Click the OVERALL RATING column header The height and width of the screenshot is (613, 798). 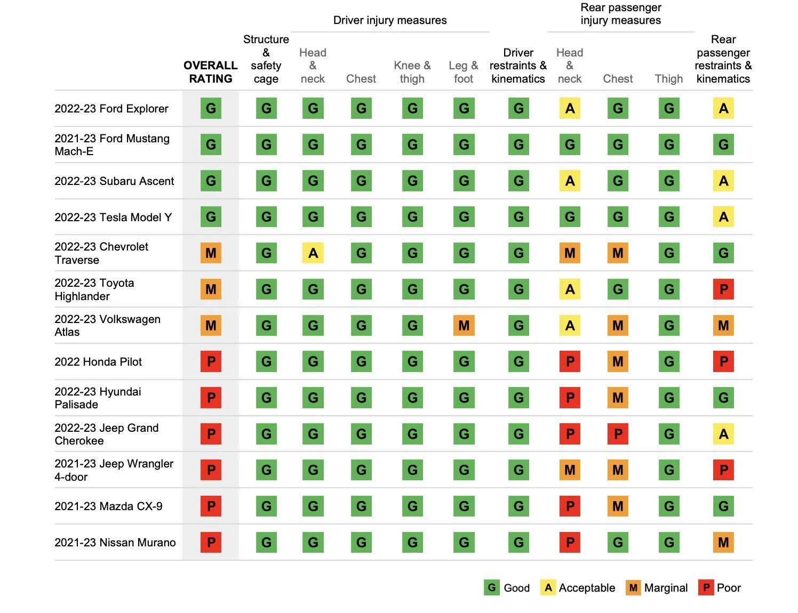pos(210,72)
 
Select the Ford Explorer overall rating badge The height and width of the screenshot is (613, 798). pos(211,108)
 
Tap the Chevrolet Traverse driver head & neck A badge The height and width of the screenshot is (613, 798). pos(313,253)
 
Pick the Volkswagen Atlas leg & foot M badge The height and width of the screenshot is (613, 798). pos(464,325)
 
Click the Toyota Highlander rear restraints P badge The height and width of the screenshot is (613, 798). pos(723,289)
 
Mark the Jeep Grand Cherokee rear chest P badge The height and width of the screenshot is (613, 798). pos(618,434)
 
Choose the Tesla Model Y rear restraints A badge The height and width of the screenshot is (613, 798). pos(723,216)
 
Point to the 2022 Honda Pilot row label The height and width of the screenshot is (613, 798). pos(98,362)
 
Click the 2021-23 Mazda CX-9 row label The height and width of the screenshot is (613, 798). pos(108,506)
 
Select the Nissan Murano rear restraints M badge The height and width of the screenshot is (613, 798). pos(723,542)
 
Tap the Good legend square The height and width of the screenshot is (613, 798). pos(491,587)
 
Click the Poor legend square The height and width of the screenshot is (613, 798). pos(706,587)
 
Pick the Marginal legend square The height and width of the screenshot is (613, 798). pos(633,587)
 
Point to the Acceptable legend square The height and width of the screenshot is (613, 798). pos(548,587)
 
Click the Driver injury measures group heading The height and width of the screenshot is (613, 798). pos(389,20)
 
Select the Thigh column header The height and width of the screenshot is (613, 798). pos(669,78)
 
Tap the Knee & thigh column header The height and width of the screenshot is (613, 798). pos(412,72)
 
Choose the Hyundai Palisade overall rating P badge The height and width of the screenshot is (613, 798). pos(211,398)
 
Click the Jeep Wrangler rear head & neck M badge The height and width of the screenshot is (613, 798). pos(570,470)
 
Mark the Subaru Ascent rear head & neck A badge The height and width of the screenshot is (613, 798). pos(570,181)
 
